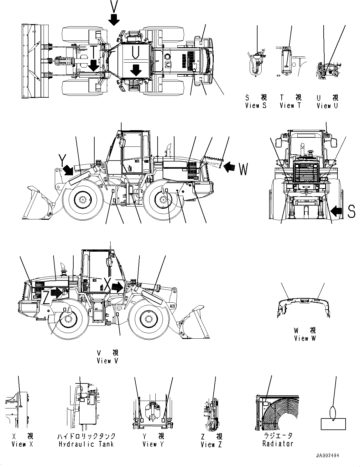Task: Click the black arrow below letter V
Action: click(x=114, y=19)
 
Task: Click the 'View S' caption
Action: click(x=256, y=105)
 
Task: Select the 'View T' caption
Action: click(x=290, y=105)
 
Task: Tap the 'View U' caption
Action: click(x=327, y=105)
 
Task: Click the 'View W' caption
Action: click(x=305, y=338)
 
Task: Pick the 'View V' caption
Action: click(x=108, y=361)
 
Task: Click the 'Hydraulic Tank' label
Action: click(x=86, y=444)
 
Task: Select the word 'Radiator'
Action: click(x=278, y=444)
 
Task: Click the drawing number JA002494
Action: click(x=327, y=456)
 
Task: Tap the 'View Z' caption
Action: click(x=211, y=444)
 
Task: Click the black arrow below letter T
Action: click(x=93, y=65)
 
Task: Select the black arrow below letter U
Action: click(x=136, y=70)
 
